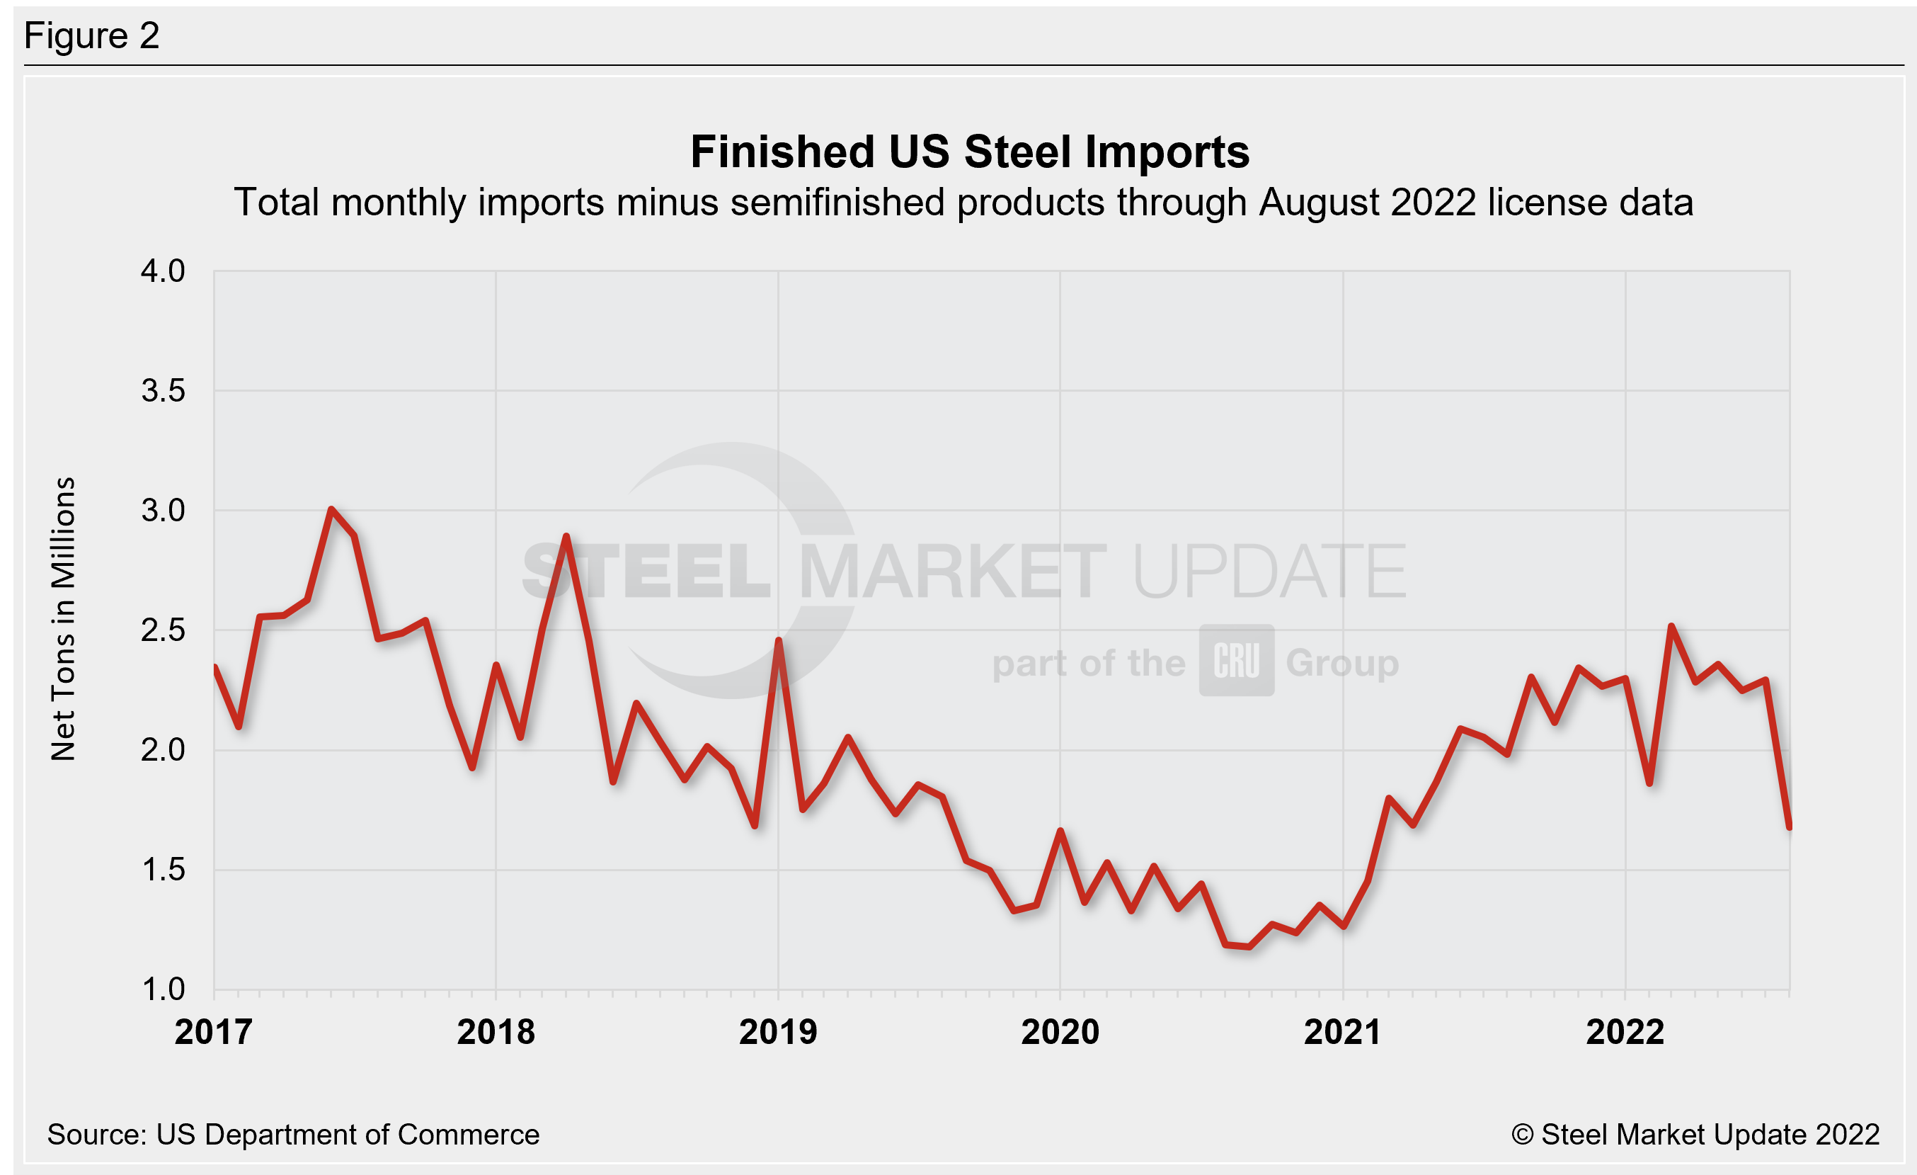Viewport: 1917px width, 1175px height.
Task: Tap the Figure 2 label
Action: click(92, 36)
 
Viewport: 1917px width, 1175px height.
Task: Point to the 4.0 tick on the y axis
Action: click(163, 271)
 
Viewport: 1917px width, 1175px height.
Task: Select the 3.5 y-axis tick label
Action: click(163, 391)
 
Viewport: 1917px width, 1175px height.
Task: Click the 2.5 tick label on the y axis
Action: click(163, 630)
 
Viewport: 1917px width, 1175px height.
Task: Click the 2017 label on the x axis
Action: click(213, 1032)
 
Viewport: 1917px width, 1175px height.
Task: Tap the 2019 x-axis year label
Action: click(778, 1032)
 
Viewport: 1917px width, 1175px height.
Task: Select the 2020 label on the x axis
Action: click(1060, 1032)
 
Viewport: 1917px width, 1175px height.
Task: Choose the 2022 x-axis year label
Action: click(1625, 1032)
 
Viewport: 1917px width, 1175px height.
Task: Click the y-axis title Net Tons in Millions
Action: click(63, 618)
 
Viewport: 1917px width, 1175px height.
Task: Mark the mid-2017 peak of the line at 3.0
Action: click(331, 510)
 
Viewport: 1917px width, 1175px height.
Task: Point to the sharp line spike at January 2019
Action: click(778, 640)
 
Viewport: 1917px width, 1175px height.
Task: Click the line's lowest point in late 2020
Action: click(1249, 946)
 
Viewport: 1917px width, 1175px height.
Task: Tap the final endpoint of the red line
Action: click(1790, 827)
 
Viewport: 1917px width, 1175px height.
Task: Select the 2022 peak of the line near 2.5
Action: click(1671, 625)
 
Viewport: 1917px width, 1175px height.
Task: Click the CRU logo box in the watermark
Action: click(1236, 660)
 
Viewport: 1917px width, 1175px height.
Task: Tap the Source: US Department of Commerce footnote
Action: click(292, 1135)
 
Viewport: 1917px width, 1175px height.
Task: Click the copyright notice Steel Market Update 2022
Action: click(1695, 1135)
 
